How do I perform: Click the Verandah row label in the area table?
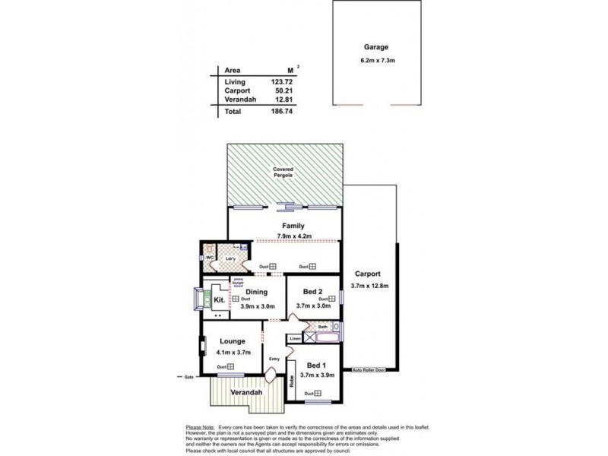[x=240, y=99]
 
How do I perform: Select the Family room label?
[x=293, y=226]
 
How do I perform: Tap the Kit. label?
[x=219, y=301]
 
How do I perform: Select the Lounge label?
[x=233, y=341]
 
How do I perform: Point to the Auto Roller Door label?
[x=369, y=370]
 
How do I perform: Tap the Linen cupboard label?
[x=295, y=337]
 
